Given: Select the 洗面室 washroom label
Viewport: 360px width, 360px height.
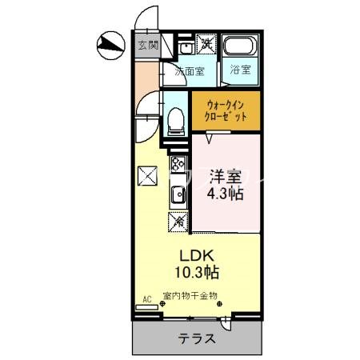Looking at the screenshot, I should click(x=190, y=70).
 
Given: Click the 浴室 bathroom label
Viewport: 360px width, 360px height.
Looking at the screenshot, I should click(x=240, y=70).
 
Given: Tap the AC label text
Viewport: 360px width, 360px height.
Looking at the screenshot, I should click(x=146, y=300).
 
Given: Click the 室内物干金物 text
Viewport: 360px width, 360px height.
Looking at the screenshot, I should click(x=190, y=297).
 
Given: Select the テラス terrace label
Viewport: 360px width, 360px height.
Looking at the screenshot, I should click(x=195, y=338).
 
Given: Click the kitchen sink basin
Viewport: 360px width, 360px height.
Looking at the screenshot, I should click(x=176, y=193).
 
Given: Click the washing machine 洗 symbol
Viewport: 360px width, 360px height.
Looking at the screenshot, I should click(x=206, y=44).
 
